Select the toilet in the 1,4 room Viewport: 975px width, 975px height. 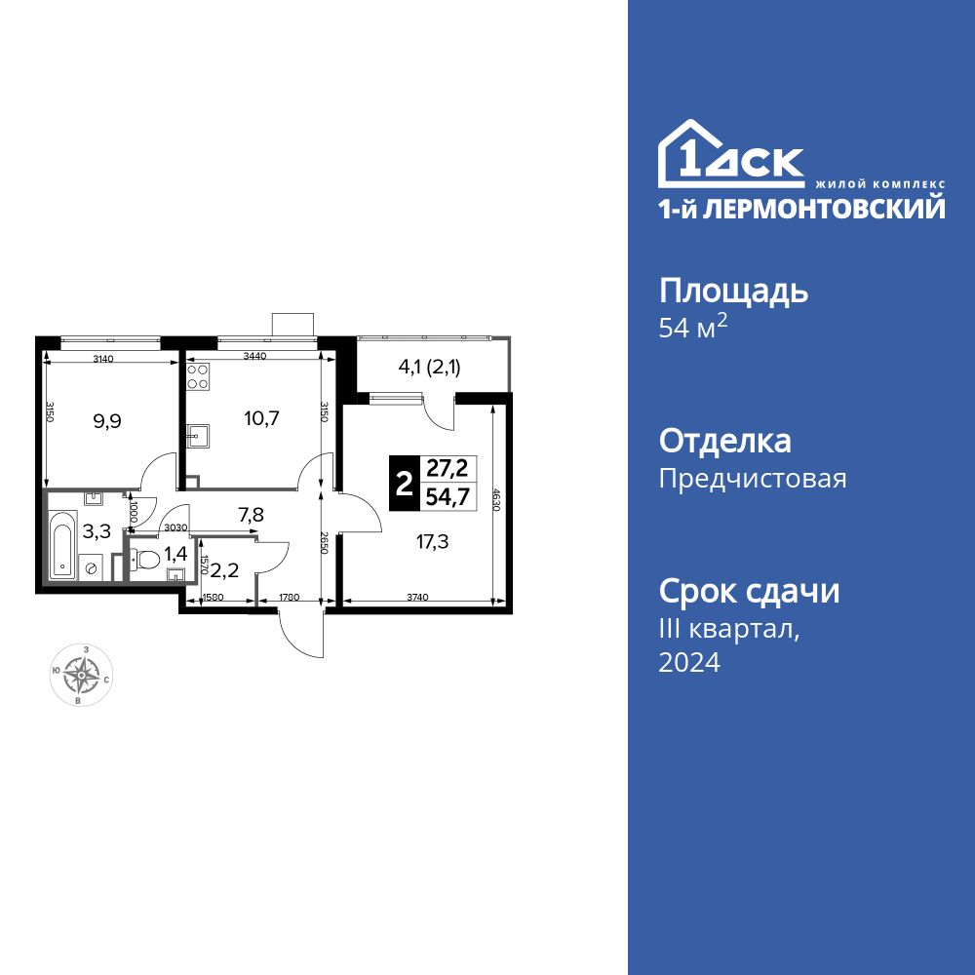[146, 561]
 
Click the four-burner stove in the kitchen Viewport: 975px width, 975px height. [198, 376]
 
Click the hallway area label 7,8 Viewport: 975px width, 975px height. [252, 514]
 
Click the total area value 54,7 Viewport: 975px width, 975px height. [446, 497]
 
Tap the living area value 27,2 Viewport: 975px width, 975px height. [446, 467]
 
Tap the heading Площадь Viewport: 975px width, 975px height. [734, 291]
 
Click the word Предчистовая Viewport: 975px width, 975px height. [753, 479]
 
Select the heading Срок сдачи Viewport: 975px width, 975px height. [749, 591]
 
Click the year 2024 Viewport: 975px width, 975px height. [689, 663]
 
